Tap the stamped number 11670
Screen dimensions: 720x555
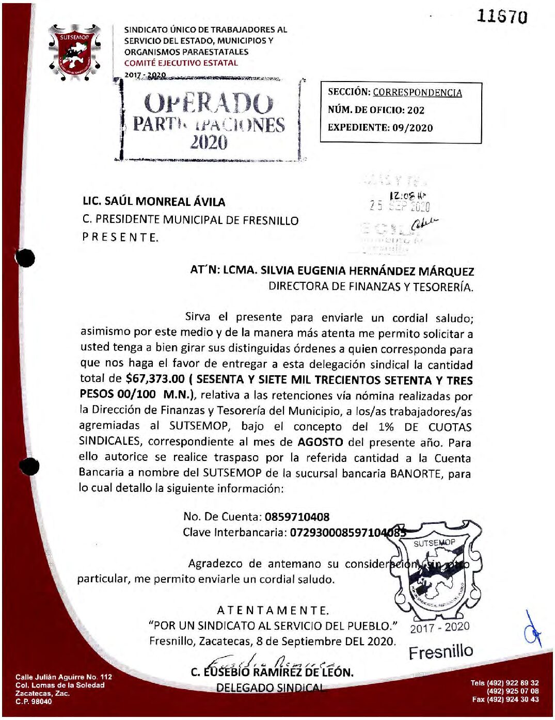[x=502, y=17]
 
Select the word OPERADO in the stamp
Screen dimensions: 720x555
[x=208, y=104]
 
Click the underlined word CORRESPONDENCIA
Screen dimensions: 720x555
[x=417, y=93]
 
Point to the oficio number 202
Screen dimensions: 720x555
[x=416, y=110]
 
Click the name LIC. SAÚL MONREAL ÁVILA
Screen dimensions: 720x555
[x=154, y=202]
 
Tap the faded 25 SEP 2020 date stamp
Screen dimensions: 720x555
[x=400, y=205]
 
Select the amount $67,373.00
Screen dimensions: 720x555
[x=155, y=379]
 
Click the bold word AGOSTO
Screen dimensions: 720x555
[x=320, y=442]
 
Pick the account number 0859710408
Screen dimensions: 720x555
[x=297, y=517]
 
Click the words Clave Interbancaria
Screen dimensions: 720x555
[x=234, y=533]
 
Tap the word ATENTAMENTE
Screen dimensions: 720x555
[x=273, y=611]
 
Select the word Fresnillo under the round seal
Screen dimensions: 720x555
[x=440, y=652]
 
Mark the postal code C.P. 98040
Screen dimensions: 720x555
[x=34, y=702]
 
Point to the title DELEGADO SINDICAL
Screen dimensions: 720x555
[x=270, y=687]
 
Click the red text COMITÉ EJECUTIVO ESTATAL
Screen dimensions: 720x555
[x=181, y=63]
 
